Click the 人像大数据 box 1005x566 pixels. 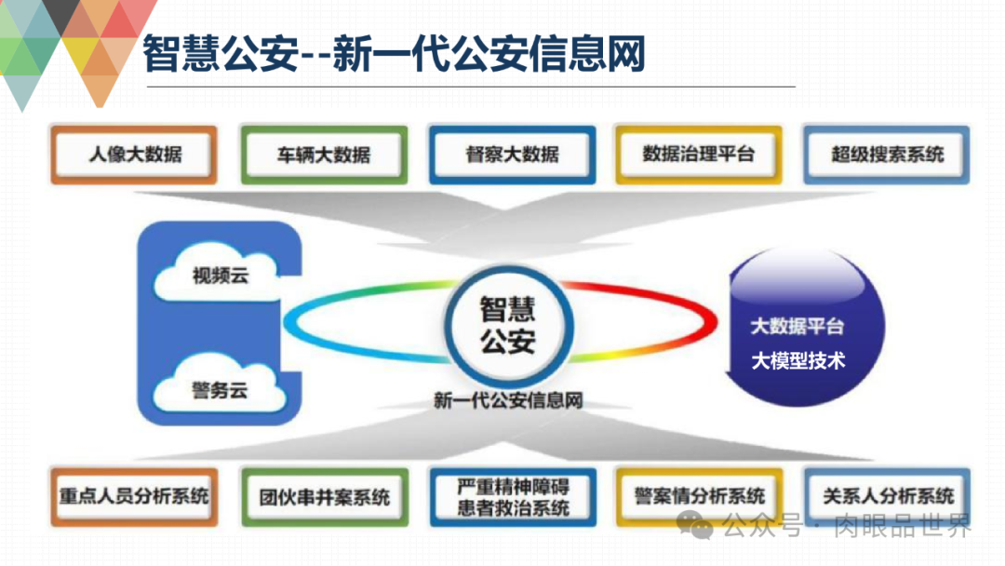pos(136,155)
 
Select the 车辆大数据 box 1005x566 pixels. pos(323,155)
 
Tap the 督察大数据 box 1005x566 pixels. pos(512,155)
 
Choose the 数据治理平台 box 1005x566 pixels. pos(698,154)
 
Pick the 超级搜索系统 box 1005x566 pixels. pos(886,154)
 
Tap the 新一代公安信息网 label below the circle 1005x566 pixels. pos(508,401)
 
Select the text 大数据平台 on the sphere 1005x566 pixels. pos(797,327)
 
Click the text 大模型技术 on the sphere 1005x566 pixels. pos(797,360)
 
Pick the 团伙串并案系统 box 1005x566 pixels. pos(324,497)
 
